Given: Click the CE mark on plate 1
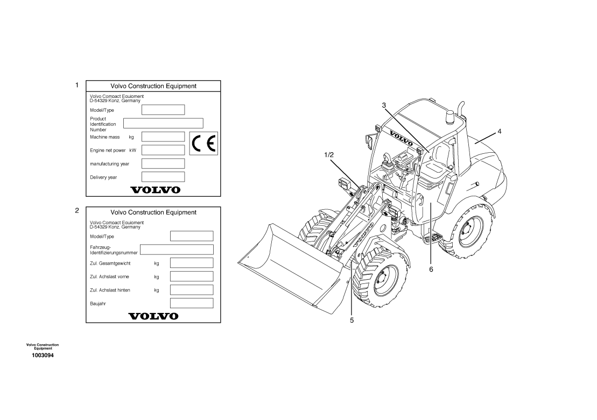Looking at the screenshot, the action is tap(203, 144).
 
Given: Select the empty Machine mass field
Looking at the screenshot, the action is tap(163, 137).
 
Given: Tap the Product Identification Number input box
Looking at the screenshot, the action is tap(163, 123).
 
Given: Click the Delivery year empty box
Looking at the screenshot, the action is tap(163, 177).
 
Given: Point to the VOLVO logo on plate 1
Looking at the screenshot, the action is tap(156, 190).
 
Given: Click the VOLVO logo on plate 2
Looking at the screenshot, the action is tap(153, 316).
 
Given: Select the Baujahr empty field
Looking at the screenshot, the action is tap(192, 303).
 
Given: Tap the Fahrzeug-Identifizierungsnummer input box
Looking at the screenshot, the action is tap(177, 250).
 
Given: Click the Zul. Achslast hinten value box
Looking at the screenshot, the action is tap(192, 290).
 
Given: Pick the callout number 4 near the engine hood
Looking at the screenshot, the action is tap(500, 132).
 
